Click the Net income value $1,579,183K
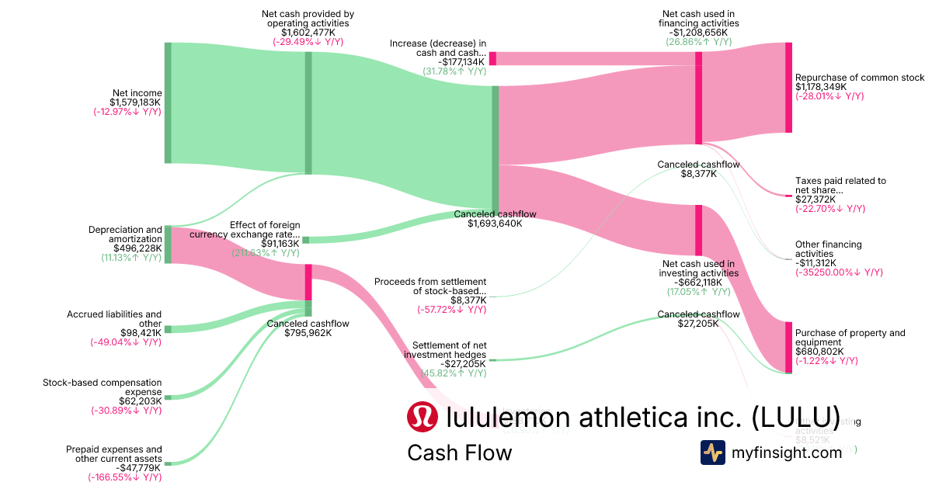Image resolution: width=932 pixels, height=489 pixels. [135, 102]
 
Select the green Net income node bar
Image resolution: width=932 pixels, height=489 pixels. [168, 102]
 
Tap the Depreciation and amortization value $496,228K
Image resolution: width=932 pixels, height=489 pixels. [136, 248]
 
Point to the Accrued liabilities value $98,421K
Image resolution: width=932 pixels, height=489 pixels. [141, 332]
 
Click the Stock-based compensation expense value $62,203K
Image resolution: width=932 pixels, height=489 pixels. [141, 401]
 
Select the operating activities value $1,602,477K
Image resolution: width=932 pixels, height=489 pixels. [308, 33]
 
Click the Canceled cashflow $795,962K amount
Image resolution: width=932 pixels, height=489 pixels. [308, 333]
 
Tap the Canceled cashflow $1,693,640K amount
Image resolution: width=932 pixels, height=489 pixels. [495, 224]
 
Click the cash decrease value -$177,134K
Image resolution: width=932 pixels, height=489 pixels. [461, 62]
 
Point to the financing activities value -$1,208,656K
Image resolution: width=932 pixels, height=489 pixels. [698, 33]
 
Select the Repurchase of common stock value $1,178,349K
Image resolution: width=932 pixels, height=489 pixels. [821, 87]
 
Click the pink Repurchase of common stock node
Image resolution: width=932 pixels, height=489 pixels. [788, 87]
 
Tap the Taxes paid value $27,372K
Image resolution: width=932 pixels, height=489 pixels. [815, 199]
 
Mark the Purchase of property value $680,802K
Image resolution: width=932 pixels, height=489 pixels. [821, 352]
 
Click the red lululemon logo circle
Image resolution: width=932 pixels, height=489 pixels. [423, 417]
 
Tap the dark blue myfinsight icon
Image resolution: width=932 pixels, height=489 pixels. [713, 453]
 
